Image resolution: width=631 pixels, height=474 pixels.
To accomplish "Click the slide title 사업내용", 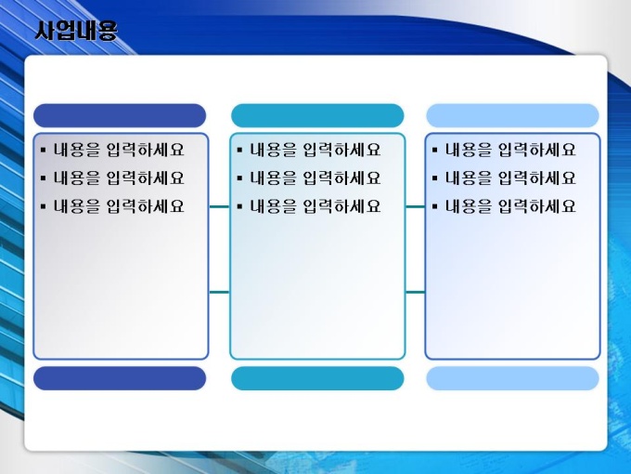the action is coord(76,31).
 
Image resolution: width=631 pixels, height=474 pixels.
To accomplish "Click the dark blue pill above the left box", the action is coord(120,115).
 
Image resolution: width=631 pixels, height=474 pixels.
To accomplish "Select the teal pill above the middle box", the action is coord(317,115).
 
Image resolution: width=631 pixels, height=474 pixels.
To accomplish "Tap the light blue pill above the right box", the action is coord(512,115).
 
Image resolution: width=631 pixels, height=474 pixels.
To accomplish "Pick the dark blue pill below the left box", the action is coord(120,378).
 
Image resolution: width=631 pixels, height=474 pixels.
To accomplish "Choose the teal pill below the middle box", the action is coord(317,378).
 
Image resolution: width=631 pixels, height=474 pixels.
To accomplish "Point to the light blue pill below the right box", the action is coord(512,378).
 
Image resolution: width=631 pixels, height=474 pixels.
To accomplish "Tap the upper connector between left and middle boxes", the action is coord(219,206).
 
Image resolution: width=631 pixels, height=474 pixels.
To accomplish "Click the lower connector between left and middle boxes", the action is coord(219,292).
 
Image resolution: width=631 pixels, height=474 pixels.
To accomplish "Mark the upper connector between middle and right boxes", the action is coord(415,206).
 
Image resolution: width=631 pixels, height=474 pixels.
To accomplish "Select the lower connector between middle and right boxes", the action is coord(415,292).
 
